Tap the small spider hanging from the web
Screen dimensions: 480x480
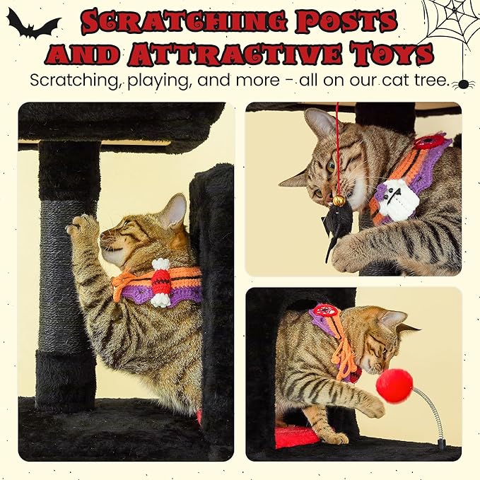(x=463, y=83)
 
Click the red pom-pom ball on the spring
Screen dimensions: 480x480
(x=394, y=385)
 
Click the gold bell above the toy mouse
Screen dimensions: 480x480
(x=339, y=201)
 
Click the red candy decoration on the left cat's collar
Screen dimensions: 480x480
(x=162, y=282)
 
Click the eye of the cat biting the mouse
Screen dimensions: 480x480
(x=330, y=166)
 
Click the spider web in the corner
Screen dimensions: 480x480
(x=452, y=21)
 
